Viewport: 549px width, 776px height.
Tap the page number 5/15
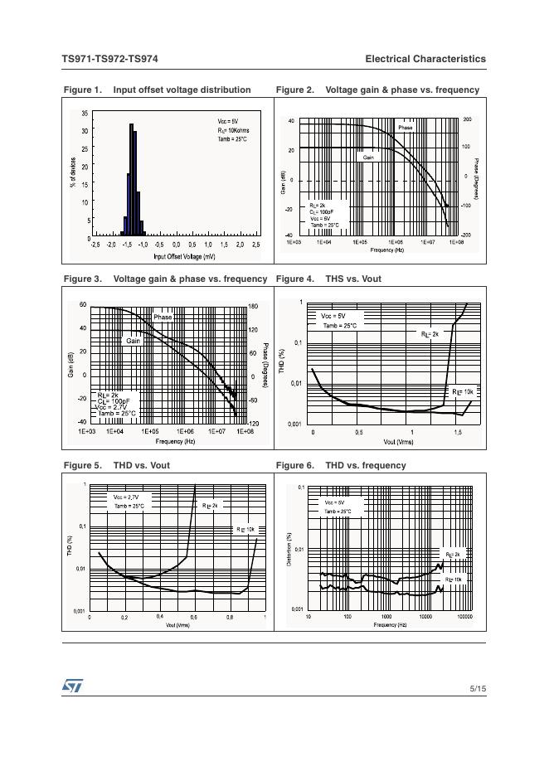[477, 688]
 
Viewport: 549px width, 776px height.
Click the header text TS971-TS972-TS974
[109, 59]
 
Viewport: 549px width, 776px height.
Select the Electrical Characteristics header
[425, 59]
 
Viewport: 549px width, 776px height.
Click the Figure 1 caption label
[82, 90]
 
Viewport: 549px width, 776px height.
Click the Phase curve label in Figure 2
[405, 128]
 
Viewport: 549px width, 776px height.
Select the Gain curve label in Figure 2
[367, 157]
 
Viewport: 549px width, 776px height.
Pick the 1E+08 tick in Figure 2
[454, 242]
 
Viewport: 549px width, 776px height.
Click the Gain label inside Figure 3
[134, 341]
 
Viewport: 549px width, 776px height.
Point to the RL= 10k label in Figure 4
[462, 390]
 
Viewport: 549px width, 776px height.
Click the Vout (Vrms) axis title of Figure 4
[398, 442]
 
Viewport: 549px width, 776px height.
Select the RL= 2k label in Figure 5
[210, 505]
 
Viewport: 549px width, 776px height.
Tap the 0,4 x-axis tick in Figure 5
[159, 617]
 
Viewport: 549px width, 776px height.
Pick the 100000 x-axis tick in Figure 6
[464, 617]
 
